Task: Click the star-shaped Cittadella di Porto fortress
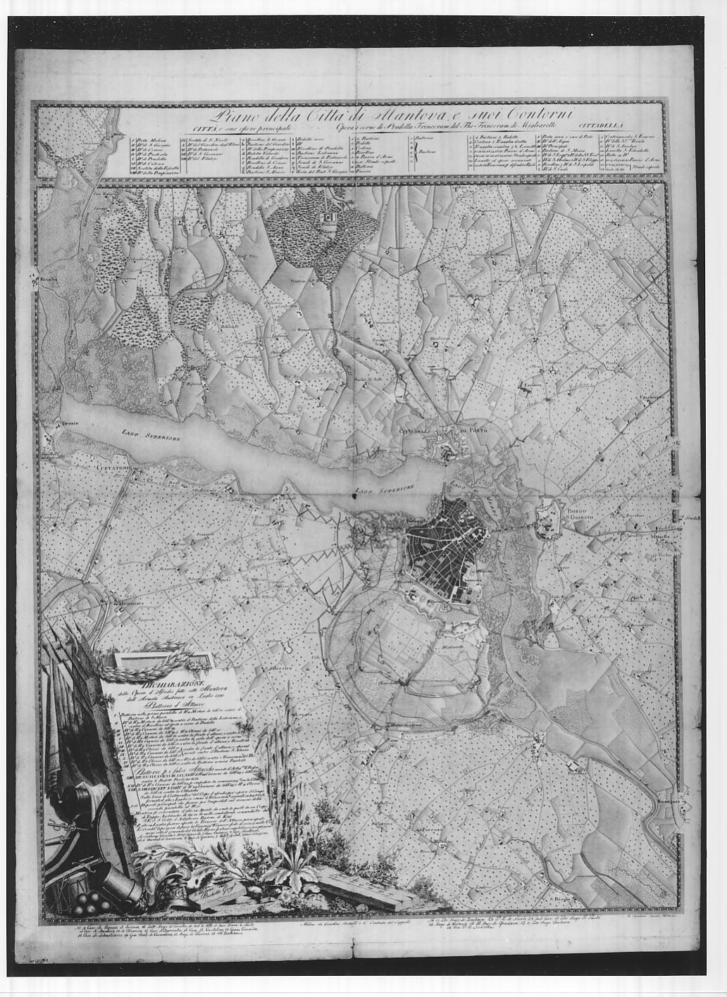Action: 451,448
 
